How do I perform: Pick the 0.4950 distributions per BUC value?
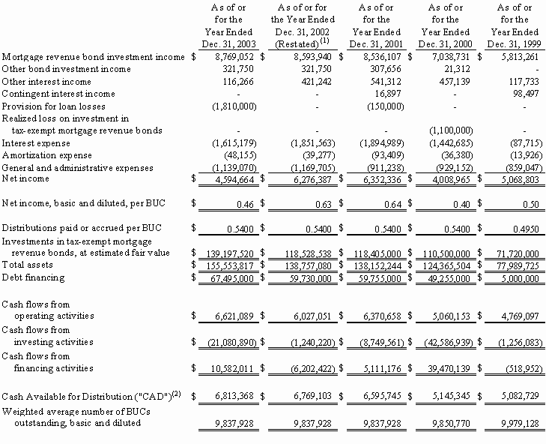pos(523,225)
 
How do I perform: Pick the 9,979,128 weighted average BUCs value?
pos(514,422)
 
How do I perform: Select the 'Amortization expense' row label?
pos(47,154)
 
